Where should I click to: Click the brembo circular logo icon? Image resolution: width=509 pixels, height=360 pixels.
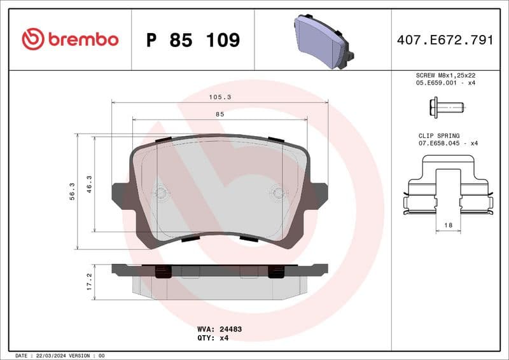click(x=32, y=39)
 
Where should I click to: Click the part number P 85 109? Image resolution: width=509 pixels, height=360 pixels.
click(x=193, y=40)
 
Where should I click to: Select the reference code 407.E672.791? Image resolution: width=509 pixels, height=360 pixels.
click(x=445, y=40)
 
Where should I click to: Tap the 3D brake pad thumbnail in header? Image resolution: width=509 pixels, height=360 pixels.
click(x=324, y=40)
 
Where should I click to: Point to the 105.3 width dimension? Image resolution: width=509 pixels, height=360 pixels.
click(x=220, y=97)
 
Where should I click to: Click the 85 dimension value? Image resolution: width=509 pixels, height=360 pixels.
click(x=220, y=114)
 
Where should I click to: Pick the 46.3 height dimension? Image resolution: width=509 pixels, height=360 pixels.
click(x=90, y=184)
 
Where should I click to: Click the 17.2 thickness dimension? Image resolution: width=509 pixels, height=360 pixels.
click(x=90, y=281)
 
